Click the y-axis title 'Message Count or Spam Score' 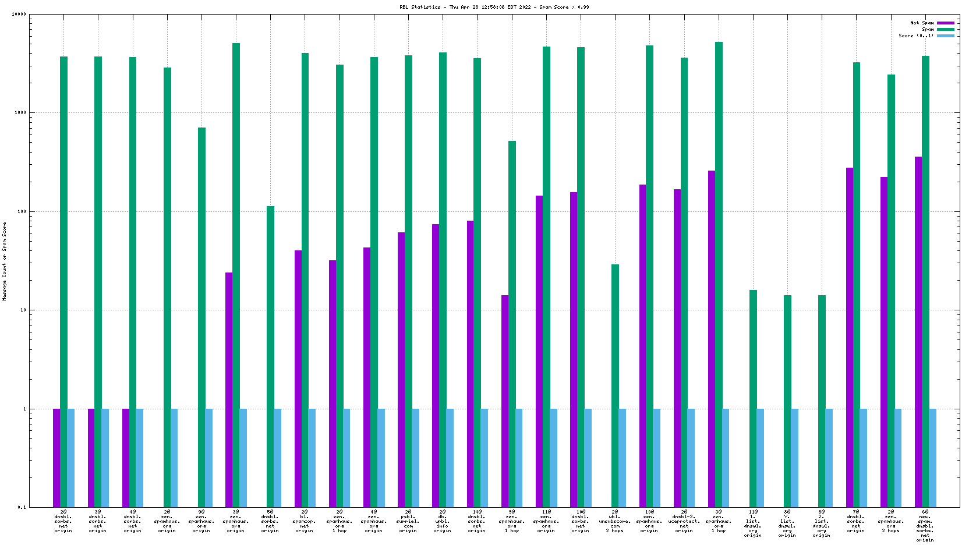pos(5,261)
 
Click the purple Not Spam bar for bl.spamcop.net pos(298,378)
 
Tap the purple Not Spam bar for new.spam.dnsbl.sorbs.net pos(918,332)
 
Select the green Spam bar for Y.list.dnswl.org pos(787,401)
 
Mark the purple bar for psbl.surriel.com pos(401,370)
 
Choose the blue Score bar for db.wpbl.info pos(450,458)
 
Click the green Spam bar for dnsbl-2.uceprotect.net pos(684,282)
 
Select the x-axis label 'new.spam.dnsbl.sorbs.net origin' pos(925,526)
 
